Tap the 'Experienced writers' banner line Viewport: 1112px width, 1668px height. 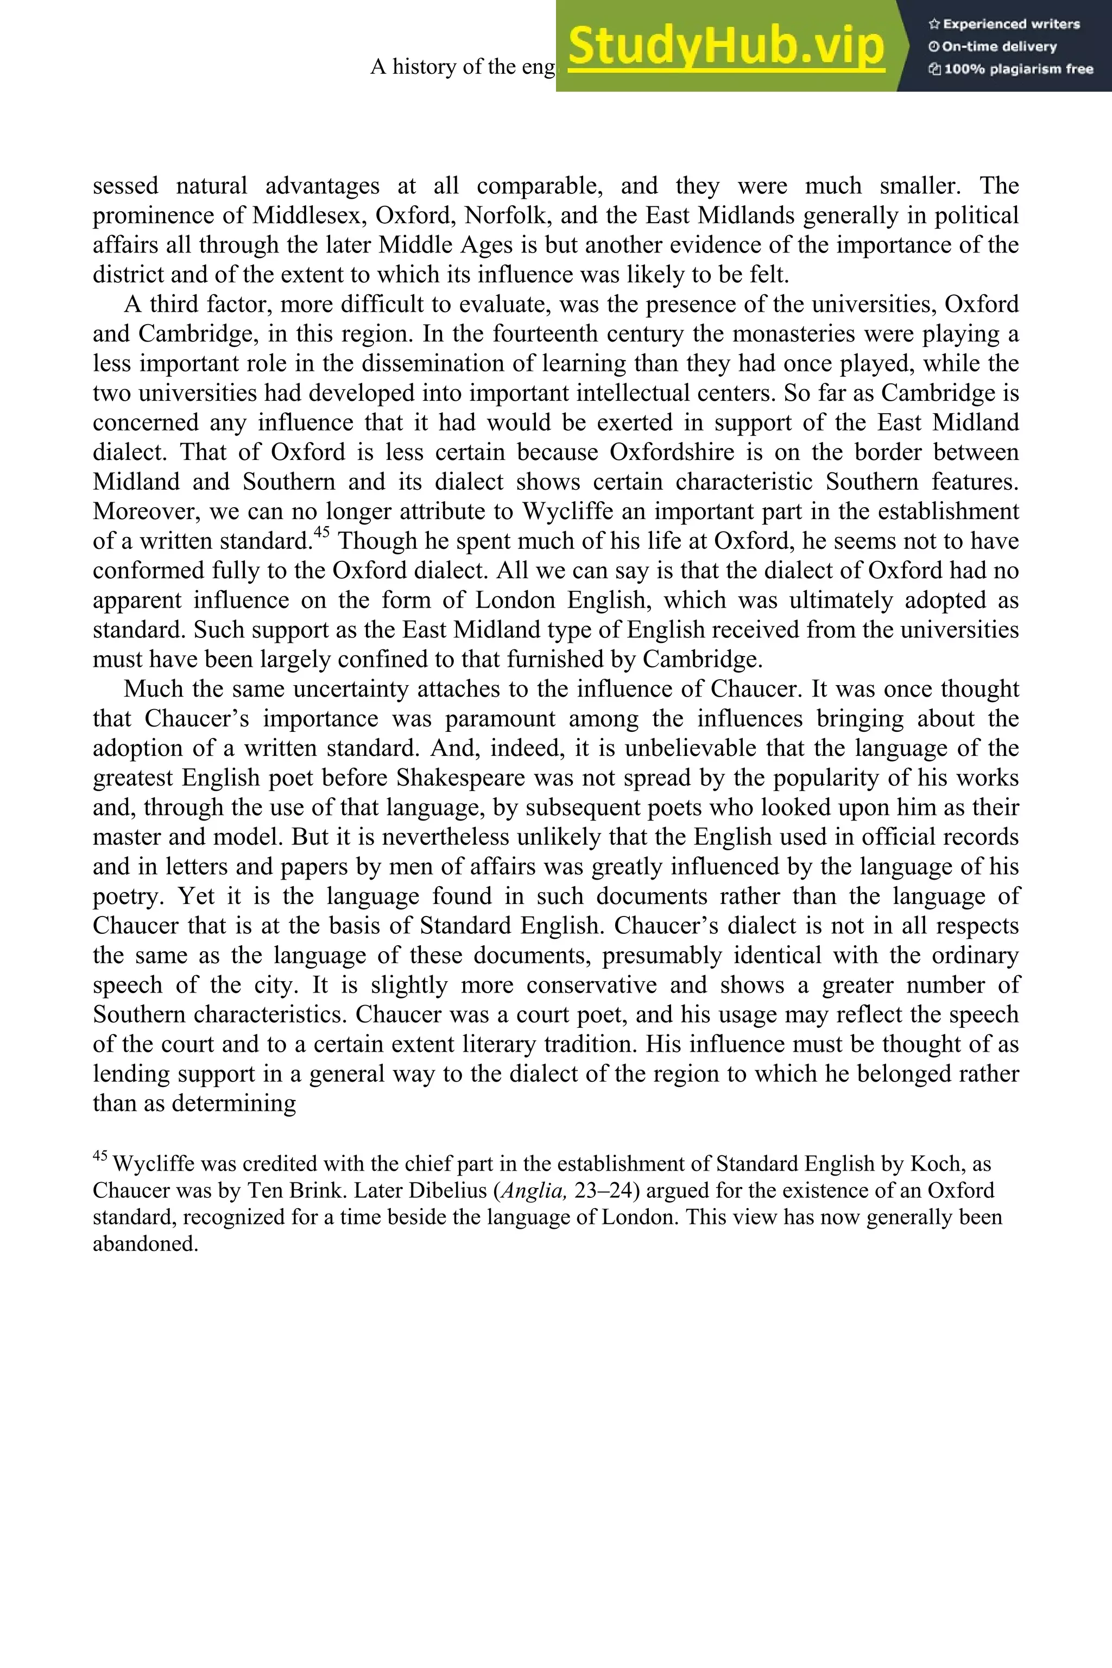point(1004,24)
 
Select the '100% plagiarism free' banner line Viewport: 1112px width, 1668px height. point(1010,69)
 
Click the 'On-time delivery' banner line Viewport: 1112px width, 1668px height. point(993,47)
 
